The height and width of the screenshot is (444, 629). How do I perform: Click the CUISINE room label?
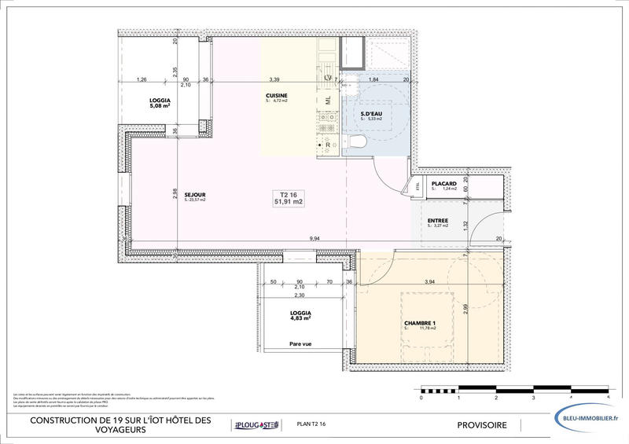click(x=277, y=97)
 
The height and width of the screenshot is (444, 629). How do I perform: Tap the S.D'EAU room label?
click(x=372, y=116)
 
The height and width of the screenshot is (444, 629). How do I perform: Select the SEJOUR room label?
click(x=195, y=196)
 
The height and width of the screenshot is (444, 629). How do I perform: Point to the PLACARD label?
click(x=444, y=185)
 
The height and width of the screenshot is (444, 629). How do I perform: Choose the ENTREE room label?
click(x=438, y=222)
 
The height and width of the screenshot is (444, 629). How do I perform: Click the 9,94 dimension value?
click(x=314, y=238)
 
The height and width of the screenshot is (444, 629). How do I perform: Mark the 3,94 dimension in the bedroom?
click(x=429, y=281)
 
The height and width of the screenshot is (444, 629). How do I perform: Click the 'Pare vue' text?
click(x=300, y=343)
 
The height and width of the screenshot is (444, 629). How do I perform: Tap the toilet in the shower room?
click(x=356, y=142)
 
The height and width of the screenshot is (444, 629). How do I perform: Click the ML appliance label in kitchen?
click(x=328, y=101)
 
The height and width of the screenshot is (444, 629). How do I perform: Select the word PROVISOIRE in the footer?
click(x=482, y=425)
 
